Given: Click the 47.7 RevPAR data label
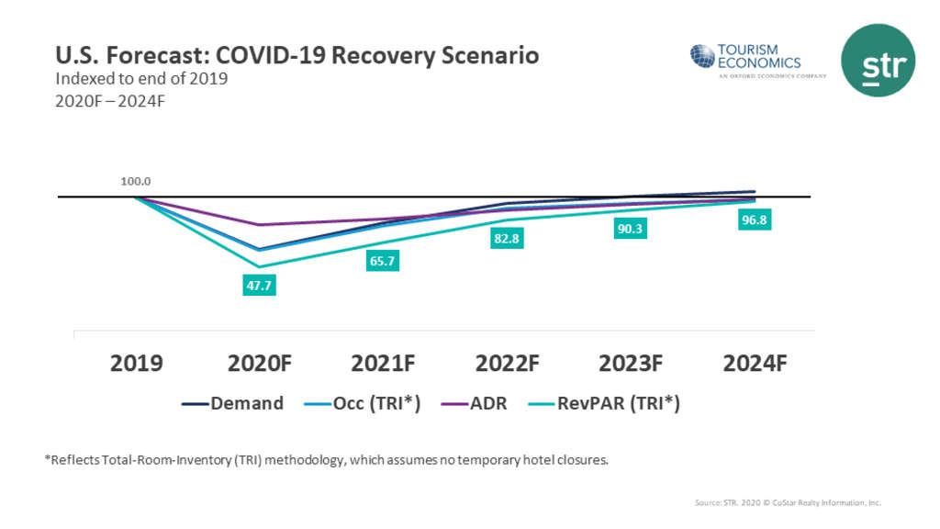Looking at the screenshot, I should (x=259, y=286).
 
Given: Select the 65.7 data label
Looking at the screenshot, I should (x=383, y=262).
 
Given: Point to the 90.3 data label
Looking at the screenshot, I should (x=630, y=229).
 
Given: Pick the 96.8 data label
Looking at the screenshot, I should (x=753, y=221).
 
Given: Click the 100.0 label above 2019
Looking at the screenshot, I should (x=136, y=182).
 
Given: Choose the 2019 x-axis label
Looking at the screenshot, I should (x=136, y=363).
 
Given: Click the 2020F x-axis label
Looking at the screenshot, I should (x=259, y=363).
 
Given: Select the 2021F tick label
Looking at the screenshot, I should (x=383, y=363).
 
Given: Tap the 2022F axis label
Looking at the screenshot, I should (x=507, y=363).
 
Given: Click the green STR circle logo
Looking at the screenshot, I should (x=878, y=60).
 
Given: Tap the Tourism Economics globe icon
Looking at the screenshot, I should (x=702, y=55).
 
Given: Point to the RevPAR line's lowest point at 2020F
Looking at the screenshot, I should (x=259, y=267).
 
